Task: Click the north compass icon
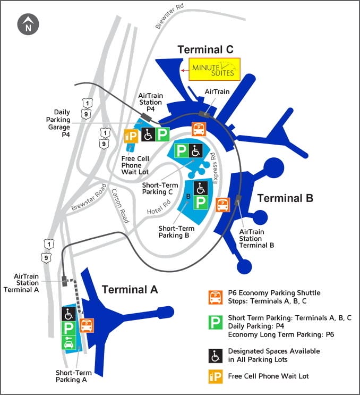[27, 25]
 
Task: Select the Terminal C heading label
[205, 49]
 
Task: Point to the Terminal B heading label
[285, 198]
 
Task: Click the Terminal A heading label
[130, 290]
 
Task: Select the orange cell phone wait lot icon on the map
[131, 136]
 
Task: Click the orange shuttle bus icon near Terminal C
[199, 129]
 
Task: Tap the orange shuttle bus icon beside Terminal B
[222, 205]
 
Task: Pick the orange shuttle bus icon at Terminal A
[87, 325]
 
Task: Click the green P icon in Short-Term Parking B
[201, 202]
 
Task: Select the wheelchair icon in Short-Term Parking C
[196, 151]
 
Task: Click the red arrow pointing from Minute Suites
[185, 69]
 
